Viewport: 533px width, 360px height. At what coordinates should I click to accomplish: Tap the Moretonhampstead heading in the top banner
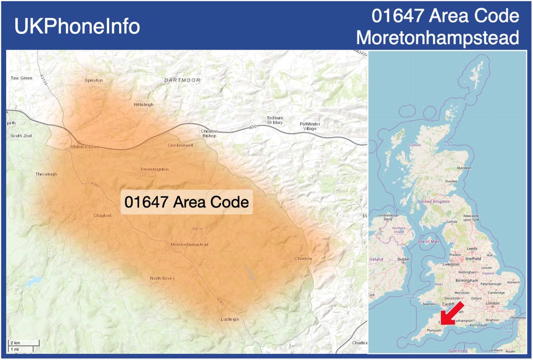438,37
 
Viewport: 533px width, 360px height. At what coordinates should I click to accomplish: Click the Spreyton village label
93,80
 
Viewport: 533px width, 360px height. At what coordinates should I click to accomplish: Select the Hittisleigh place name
144,104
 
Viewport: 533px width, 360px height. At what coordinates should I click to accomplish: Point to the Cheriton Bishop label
209,133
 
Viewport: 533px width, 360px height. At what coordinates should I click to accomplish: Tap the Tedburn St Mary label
275,120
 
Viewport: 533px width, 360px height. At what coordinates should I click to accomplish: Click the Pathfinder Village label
310,126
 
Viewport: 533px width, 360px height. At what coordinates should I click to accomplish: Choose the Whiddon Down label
85,147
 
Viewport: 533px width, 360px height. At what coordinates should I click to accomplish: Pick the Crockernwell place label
180,145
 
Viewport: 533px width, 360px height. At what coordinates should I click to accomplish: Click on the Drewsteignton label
155,169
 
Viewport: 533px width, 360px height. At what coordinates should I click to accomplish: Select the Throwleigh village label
46,174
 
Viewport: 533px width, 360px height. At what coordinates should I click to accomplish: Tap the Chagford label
102,215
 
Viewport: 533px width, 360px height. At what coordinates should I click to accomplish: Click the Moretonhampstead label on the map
189,244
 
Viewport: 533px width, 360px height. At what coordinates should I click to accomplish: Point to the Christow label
304,259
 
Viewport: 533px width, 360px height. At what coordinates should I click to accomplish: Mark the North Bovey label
162,278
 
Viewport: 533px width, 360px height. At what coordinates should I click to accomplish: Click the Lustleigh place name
230,319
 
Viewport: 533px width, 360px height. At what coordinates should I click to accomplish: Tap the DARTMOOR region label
183,80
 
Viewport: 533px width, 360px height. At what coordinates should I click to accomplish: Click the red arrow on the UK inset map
450,313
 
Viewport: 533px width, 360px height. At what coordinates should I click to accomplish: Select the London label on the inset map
492,303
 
